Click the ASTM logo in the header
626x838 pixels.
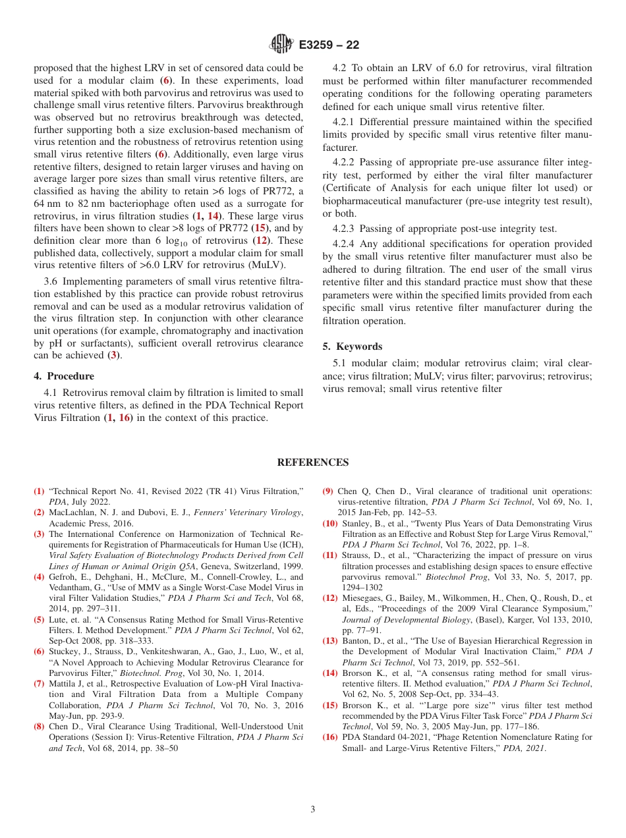pyautogui.click(x=282, y=45)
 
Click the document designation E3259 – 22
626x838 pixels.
pyautogui.click(x=329, y=45)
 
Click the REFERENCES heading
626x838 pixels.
pyautogui.click(x=313, y=462)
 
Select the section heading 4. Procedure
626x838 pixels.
pyautogui.click(x=64, y=376)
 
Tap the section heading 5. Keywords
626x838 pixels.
pyautogui.click(x=353, y=347)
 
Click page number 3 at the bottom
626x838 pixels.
pyautogui.click(x=313, y=809)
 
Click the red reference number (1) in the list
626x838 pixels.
pyautogui.click(x=39, y=491)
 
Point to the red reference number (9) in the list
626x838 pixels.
pyautogui.click(x=328, y=491)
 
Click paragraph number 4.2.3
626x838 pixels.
pyautogui.click(x=345, y=229)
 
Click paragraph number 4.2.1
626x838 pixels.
pyautogui.click(x=345, y=122)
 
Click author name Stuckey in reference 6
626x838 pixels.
pyautogui.click(x=65, y=652)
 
